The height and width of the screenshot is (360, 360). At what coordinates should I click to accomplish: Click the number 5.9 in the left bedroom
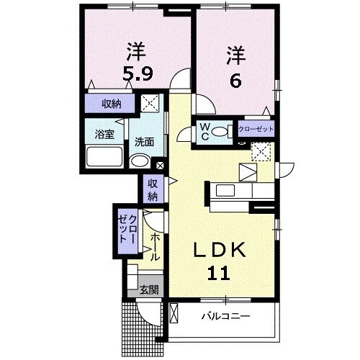tap(137, 74)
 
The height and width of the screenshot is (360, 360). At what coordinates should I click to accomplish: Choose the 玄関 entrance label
tap(149, 290)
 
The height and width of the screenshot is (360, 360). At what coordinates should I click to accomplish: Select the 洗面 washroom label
tap(143, 141)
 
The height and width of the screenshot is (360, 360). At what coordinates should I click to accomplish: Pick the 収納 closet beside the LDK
tap(153, 189)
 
